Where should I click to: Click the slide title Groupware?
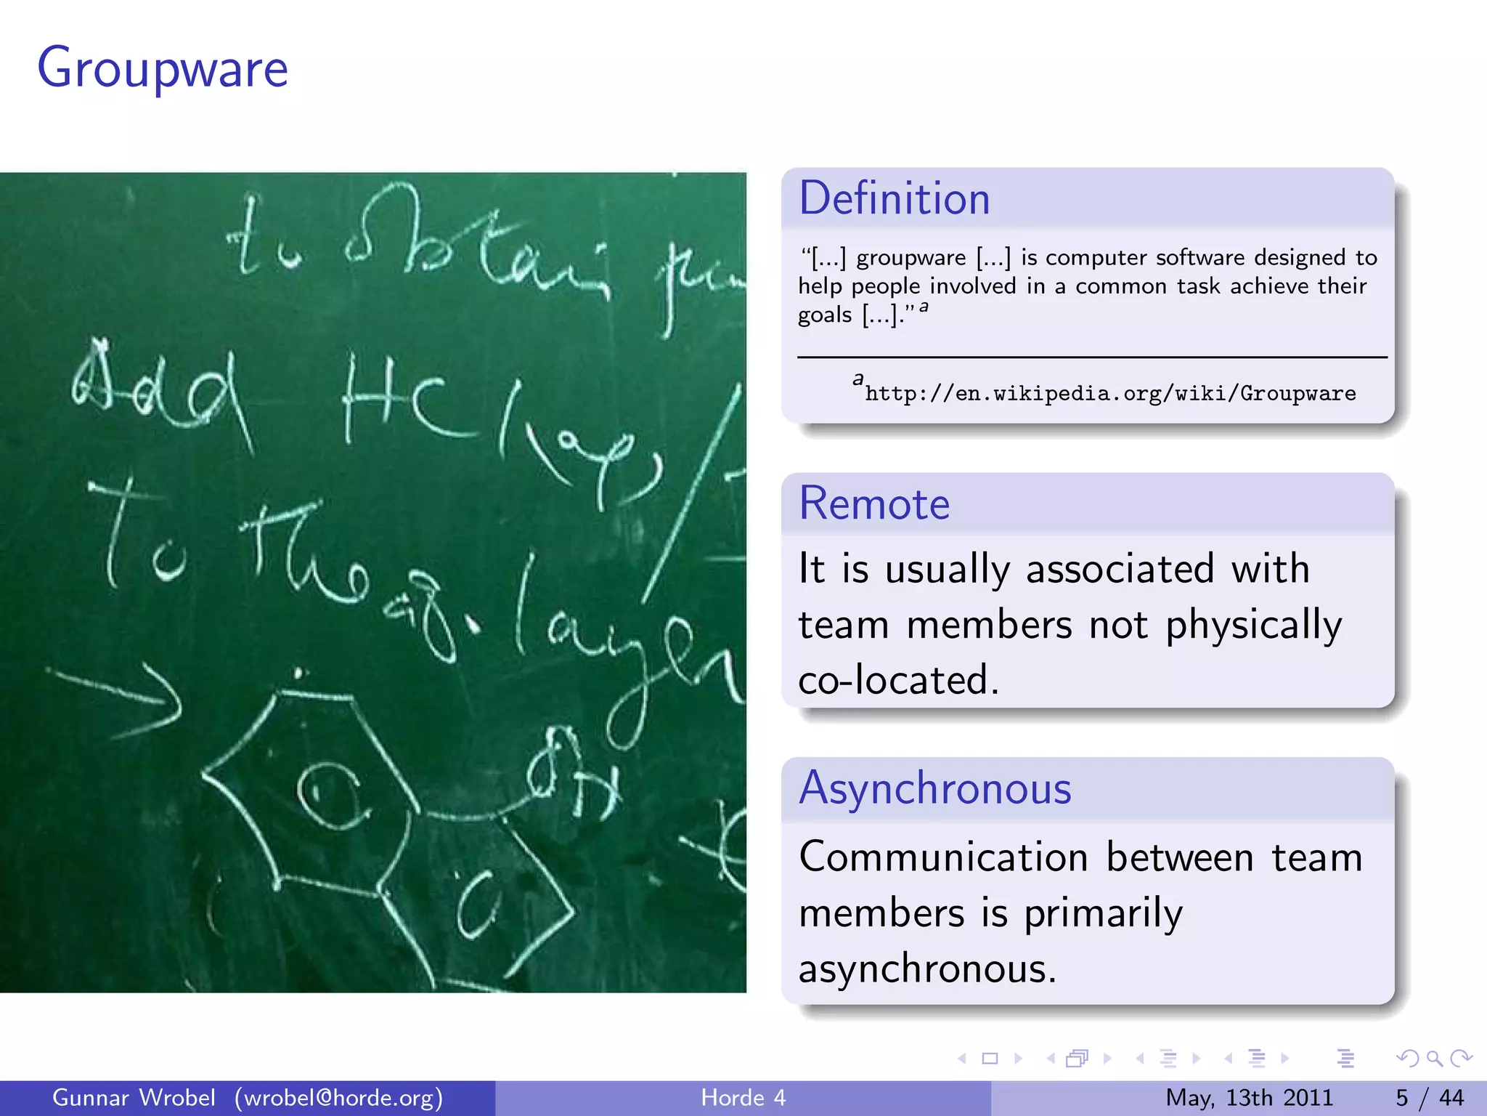click(163, 69)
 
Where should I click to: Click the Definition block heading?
click(894, 198)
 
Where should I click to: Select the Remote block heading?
click(873, 504)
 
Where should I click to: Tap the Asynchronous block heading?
click(934, 788)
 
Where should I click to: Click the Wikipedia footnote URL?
click(1109, 394)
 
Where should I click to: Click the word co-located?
click(898, 681)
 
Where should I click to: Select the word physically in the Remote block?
click(1253, 626)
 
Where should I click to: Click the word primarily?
click(1102, 913)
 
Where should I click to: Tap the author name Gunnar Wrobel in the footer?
click(134, 1098)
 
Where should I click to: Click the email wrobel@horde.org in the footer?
click(338, 1098)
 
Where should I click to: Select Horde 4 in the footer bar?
click(743, 1098)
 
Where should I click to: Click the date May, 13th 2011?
click(1249, 1098)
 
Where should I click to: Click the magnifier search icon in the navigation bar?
click(1434, 1059)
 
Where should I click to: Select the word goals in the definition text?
click(825, 315)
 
